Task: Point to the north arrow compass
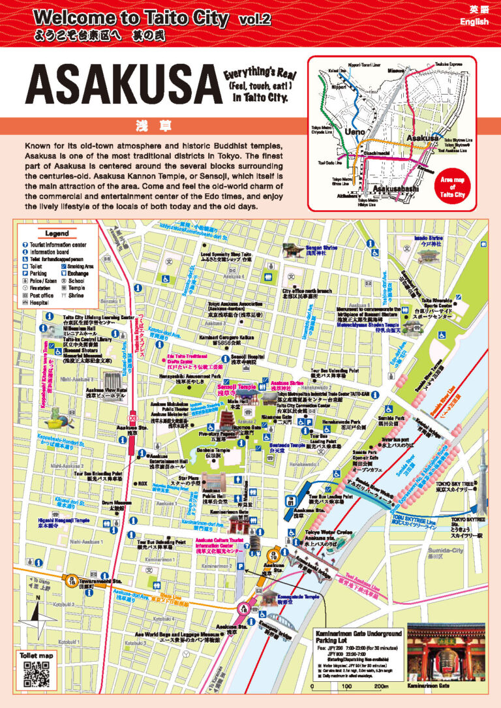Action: click(38, 611)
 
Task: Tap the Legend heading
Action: click(57, 234)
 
